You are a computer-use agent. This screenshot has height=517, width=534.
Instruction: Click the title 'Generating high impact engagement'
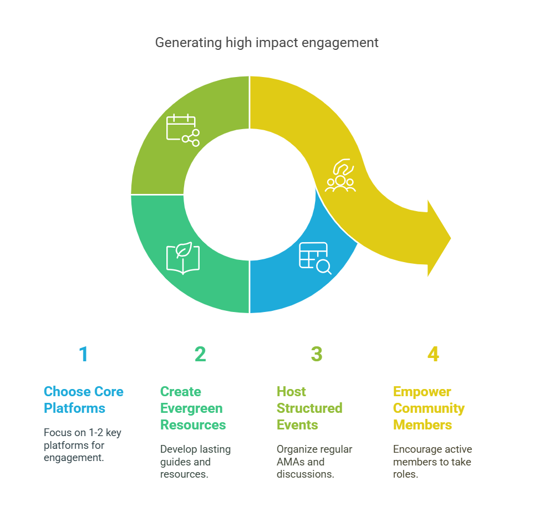[x=267, y=43]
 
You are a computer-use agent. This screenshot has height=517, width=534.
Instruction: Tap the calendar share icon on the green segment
[x=182, y=130]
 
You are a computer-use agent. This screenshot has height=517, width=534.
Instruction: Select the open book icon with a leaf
[x=182, y=258]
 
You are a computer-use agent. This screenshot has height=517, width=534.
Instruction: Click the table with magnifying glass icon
[x=314, y=258]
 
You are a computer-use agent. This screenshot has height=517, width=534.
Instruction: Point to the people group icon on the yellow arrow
[x=340, y=176]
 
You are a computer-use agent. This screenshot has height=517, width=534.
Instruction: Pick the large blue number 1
[x=83, y=354]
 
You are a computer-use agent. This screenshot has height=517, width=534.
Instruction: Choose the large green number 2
[x=200, y=354]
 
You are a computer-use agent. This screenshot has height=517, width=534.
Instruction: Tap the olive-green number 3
[x=317, y=354]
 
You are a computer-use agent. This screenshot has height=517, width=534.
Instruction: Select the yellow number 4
[x=433, y=354]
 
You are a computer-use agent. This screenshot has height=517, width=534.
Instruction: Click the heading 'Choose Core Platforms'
[x=83, y=400]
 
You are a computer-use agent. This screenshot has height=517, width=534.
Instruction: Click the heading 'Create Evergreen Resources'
[x=192, y=408]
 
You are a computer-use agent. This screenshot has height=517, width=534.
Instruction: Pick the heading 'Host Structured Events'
[x=309, y=408]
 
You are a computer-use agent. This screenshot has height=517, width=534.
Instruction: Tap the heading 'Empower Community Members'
[x=428, y=408]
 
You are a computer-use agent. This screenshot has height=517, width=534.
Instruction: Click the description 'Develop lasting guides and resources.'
[x=195, y=462]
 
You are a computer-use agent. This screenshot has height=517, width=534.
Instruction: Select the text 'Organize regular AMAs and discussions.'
[x=314, y=462]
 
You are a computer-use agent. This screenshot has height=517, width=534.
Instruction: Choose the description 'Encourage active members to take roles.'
[x=432, y=462]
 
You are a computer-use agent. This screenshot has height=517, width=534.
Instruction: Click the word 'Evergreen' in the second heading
[x=191, y=408]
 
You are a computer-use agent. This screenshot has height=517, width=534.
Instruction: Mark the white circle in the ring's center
[x=250, y=194]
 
